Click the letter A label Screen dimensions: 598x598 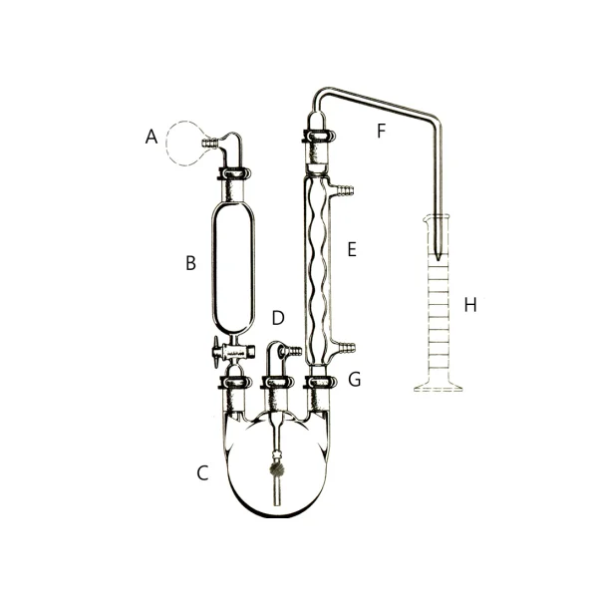[x=151, y=137]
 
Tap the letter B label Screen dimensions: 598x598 [x=190, y=263]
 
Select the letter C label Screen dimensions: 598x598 [x=202, y=472]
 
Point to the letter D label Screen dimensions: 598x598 [x=278, y=318]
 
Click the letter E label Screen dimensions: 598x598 [x=352, y=249]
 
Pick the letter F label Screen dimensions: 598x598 [x=381, y=131]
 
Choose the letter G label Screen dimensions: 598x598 [x=355, y=380]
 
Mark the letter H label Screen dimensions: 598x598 [x=470, y=305]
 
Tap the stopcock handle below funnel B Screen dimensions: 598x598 [x=217, y=353]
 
